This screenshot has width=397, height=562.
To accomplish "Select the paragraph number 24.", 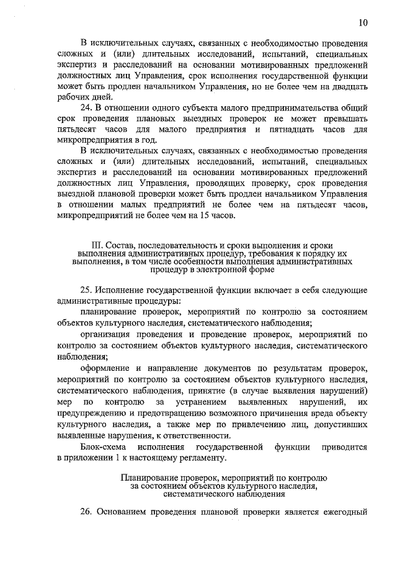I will coord(87,109).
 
